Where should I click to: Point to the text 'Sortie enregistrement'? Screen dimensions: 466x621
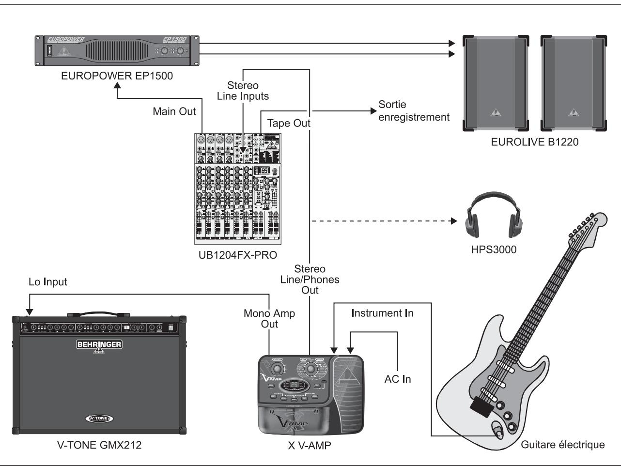click(x=414, y=111)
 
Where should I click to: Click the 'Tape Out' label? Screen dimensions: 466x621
click(x=289, y=123)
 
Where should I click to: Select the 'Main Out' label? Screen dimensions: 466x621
click(x=174, y=112)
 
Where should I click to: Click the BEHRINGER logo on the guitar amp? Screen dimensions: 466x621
click(x=99, y=344)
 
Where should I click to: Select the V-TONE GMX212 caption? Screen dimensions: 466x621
click(x=98, y=445)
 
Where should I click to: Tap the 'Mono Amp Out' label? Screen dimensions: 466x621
click(x=269, y=319)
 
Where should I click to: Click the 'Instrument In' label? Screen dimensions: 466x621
click(x=383, y=313)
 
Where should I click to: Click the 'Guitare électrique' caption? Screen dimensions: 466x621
click(x=562, y=445)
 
